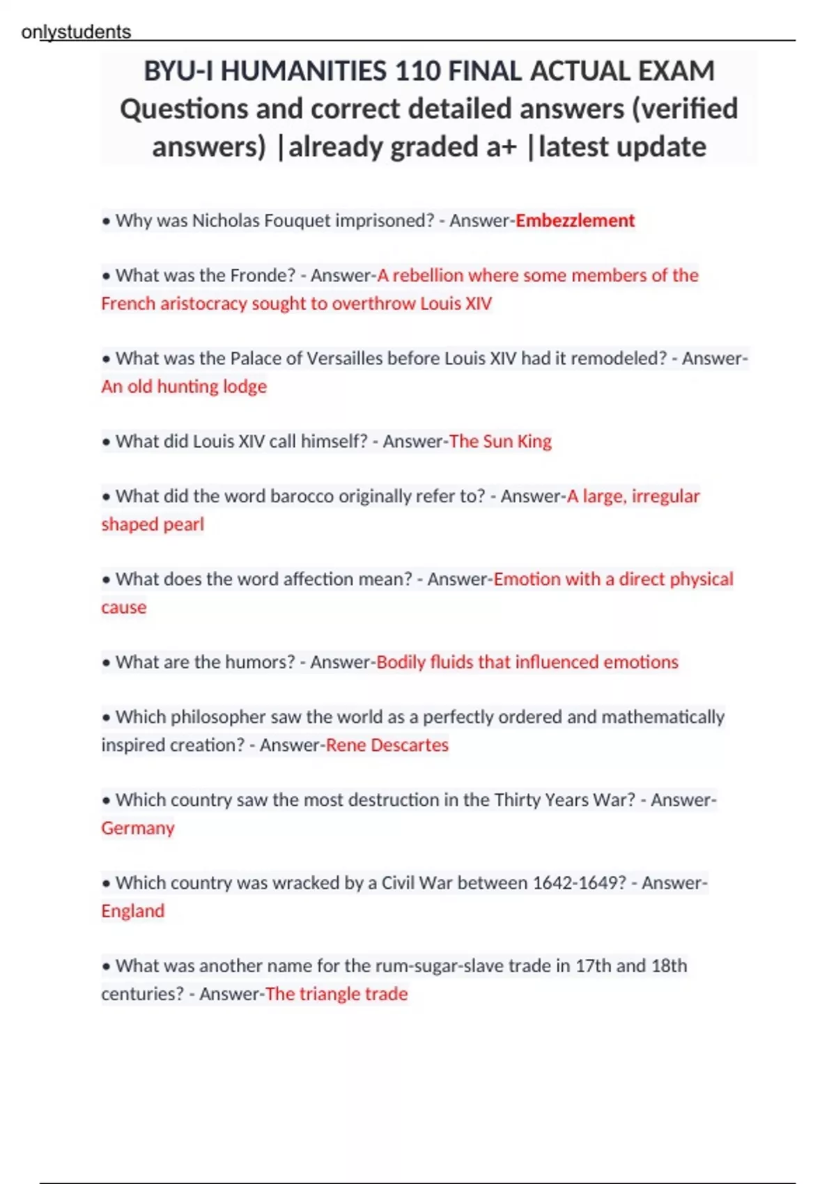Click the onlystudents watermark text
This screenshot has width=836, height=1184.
[76, 32]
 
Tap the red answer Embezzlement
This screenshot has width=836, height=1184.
[575, 221]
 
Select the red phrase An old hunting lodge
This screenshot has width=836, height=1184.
[184, 387]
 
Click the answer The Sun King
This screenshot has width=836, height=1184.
[500, 442]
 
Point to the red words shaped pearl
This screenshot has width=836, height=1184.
[153, 524]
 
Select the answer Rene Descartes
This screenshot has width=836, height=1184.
[387, 745]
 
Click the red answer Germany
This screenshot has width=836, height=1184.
[138, 828]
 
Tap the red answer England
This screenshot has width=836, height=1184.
[133, 911]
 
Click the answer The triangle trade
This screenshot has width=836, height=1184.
[336, 994]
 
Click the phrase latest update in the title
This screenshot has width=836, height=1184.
[622, 147]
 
